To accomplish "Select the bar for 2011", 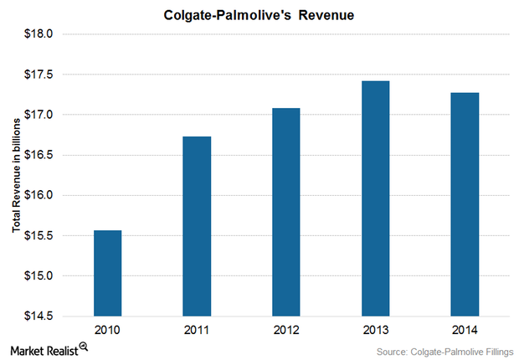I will (197, 226).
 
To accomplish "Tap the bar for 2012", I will (286, 212).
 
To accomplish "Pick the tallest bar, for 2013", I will (376, 198).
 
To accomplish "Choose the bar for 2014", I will (465, 204).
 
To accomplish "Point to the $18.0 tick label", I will (39, 34).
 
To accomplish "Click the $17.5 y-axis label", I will (39, 75).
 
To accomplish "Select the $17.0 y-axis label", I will (39, 115).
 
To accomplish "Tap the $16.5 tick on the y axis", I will (39, 155).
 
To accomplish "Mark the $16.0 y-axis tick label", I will (39, 195).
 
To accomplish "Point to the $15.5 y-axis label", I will (39, 235).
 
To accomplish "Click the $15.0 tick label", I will (39, 275).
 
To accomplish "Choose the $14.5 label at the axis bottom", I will (39, 316).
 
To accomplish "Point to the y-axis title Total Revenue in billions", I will (15, 175).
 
